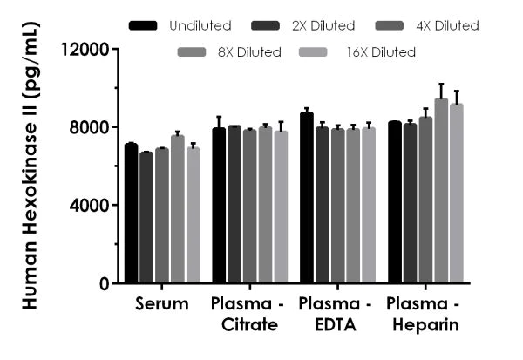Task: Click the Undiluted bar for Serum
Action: point(131,214)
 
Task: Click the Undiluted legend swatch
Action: point(141,25)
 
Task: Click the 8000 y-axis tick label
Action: point(91,127)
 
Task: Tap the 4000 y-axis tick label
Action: point(91,206)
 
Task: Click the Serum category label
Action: point(162,305)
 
